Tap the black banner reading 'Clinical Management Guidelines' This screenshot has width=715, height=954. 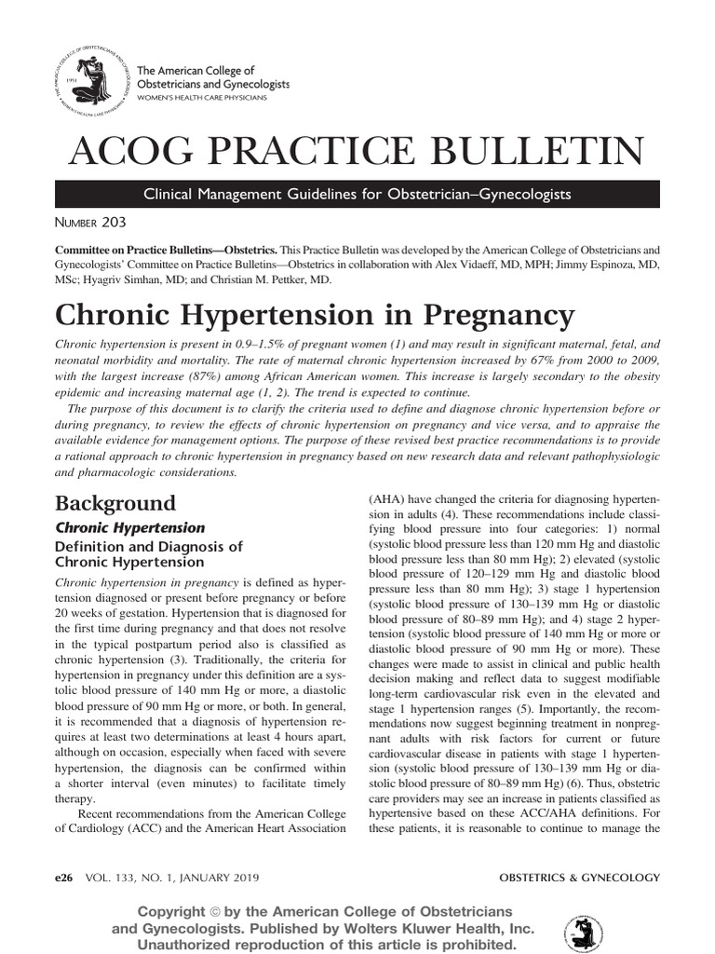tap(357, 195)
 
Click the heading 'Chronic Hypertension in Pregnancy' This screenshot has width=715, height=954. tap(315, 314)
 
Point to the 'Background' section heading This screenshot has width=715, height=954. tap(115, 504)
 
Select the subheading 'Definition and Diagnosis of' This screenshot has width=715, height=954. tap(149, 547)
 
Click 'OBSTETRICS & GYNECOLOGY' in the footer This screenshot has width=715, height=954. tap(579, 878)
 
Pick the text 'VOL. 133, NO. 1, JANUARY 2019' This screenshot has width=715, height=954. tap(172, 878)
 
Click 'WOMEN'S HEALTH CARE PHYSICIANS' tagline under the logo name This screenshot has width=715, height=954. tap(201, 97)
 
